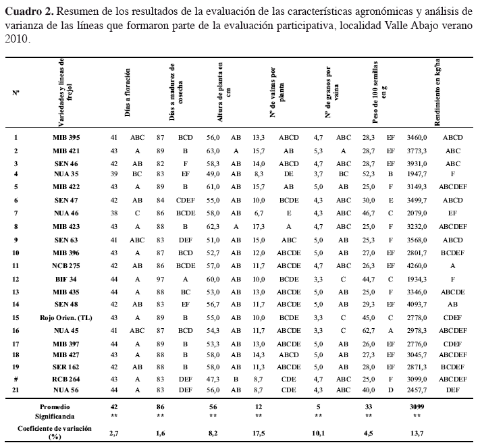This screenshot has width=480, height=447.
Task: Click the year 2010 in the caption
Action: pos(16,39)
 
